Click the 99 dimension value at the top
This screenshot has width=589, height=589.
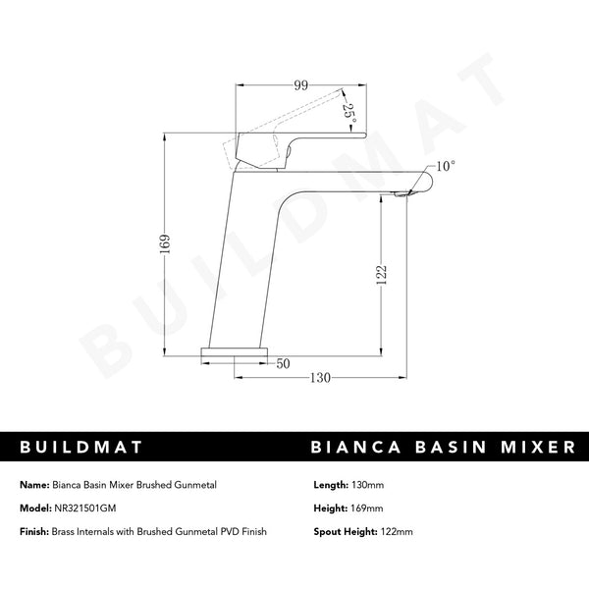click(x=301, y=86)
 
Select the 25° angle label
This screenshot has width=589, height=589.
click(x=348, y=109)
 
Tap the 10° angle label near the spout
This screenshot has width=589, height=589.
click(x=445, y=167)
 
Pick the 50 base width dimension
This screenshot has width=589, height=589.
click(x=283, y=363)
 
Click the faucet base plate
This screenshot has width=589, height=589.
click(x=236, y=348)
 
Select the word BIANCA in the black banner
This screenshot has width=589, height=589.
click(x=359, y=447)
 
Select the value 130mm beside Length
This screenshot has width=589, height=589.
click(x=366, y=485)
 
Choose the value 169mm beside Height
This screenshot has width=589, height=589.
click(x=365, y=508)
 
